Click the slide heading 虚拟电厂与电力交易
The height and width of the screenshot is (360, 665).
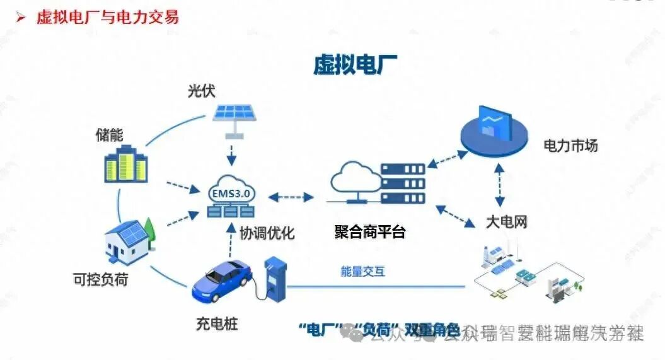tap(107, 16)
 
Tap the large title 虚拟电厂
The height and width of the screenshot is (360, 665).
tap(356, 64)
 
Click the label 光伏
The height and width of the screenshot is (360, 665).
tap(201, 91)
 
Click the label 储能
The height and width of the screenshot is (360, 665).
tap(110, 134)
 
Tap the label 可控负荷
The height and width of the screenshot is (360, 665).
tap(100, 279)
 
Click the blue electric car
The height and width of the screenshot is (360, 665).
tap(221, 280)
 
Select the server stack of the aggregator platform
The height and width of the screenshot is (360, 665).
tap(403, 183)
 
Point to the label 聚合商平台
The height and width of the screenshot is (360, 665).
tap(369, 232)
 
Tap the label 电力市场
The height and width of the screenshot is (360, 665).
tap(570, 146)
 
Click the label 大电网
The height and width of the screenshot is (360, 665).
tap(506, 221)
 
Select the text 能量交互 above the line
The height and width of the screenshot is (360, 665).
tap(362, 272)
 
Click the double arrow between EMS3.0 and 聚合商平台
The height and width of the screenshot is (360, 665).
tap(296, 197)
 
